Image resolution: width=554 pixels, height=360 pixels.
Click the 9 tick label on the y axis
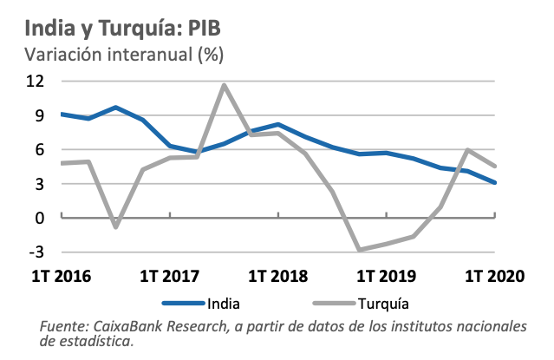[39, 115]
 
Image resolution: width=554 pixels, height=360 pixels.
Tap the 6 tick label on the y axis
[39, 149]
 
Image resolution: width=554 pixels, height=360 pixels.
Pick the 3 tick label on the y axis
[39, 184]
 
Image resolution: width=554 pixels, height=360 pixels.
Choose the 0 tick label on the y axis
[39, 218]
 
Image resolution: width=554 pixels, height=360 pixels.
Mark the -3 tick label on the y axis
[36, 252]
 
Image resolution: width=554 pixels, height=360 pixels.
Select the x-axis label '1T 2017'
[169, 277]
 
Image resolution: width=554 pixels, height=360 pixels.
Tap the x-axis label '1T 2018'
[278, 277]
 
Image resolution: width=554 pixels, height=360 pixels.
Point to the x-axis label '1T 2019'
[387, 277]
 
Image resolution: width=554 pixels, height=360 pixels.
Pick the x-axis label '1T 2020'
[495, 277]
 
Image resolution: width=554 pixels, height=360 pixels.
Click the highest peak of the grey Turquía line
[224, 85]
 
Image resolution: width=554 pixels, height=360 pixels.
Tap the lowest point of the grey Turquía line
[360, 250]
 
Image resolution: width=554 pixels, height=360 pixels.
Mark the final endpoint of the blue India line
[495, 182]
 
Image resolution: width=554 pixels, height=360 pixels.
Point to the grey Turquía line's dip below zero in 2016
[115, 227]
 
